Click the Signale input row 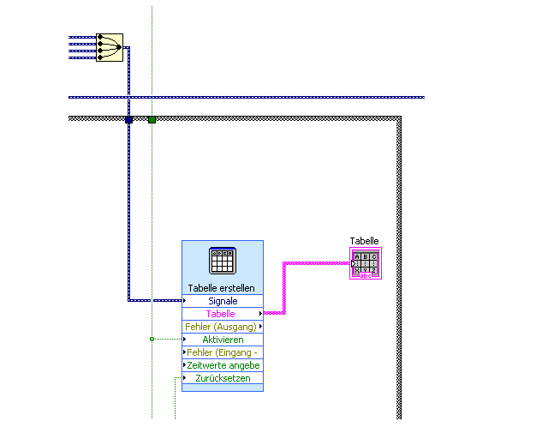tap(223, 301)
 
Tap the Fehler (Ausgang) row tap(222, 327)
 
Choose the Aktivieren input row tap(223, 340)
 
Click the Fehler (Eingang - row tap(222, 352)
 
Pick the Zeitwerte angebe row tap(223, 365)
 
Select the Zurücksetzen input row tap(223, 378)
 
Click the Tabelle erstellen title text tap(222, 288)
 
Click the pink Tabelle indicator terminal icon tap(366, 263)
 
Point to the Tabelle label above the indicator tap(364, 241)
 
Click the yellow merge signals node tap(110, 47)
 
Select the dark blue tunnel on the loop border tap(128, 119)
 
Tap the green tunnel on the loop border tap(152, 119)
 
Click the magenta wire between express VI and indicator tap(284, 287)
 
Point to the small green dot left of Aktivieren tap(152, 340)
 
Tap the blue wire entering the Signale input tap(154, 300)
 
